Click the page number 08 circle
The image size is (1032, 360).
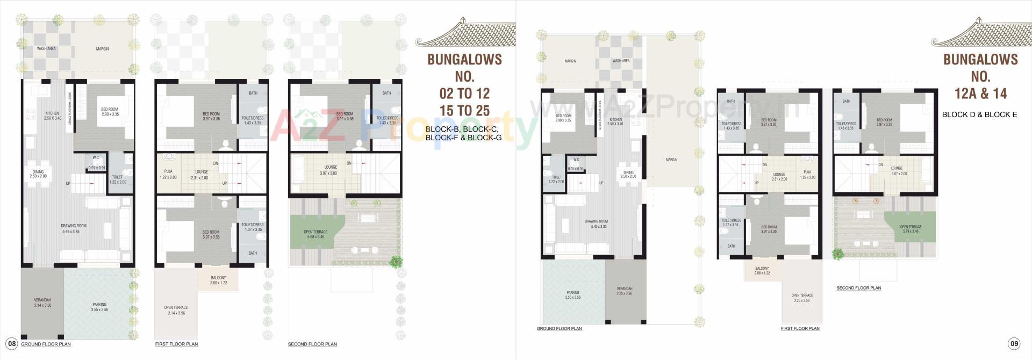click(11, 344)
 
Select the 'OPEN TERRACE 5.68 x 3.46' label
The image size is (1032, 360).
click(316, 234)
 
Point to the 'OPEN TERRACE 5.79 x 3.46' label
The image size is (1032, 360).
click(911, 229)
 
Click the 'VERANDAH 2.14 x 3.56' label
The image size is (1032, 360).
click(42, 303)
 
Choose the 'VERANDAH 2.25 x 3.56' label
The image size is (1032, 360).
click(624, 291)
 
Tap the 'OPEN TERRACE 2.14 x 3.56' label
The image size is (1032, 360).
click(176, 310)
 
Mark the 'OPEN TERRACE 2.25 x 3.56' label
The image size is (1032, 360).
click(802, 298)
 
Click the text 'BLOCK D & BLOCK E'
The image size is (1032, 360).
click(979, 114)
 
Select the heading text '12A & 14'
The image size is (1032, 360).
click(980, 93)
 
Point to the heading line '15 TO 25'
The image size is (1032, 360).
click(464, 110)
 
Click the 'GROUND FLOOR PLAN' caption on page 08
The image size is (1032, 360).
click(46, 344)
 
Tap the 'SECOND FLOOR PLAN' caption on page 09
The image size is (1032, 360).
click(858, 288)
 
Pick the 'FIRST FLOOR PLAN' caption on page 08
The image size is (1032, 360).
click(176, 344)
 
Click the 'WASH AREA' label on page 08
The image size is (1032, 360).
click(46, 48)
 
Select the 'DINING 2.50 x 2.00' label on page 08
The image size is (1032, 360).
click(38, 174)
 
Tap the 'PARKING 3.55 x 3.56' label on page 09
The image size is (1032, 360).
click(573, 295)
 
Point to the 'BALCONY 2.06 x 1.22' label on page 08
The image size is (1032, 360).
click(218, 280)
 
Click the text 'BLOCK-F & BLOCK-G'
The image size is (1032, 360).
click(463, 138)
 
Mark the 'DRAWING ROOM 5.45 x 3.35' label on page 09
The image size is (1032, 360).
click(596, 224)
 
